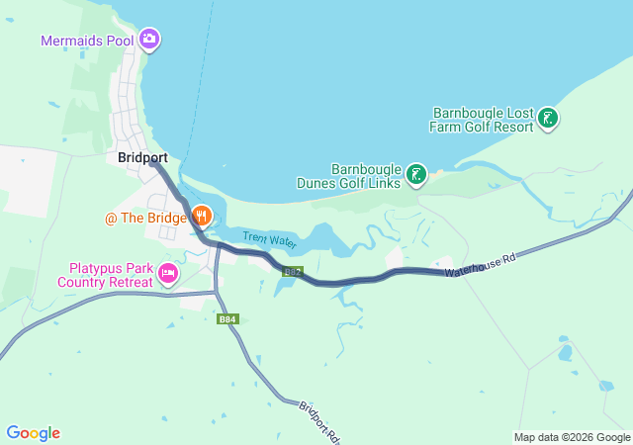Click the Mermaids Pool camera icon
pos(149,40)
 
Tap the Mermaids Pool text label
pos(88,41)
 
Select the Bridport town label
pos(142,157)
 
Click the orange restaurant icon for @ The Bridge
pos(202,215)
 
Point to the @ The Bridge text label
pos(146,217)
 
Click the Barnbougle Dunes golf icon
pos(416,175)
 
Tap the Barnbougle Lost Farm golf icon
pos(547,120)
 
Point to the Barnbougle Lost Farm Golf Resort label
pos(481,120)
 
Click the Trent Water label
pos(269,238)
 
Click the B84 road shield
pos(227,318)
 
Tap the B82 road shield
pos(291,271)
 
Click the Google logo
pos(33,433)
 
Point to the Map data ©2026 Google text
pos(571,437)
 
